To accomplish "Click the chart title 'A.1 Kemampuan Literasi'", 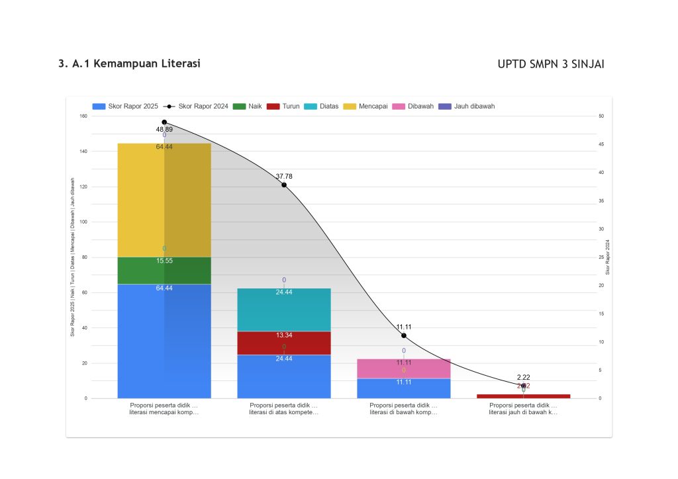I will coord(129,64).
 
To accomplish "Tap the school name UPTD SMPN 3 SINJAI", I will coord(551,64).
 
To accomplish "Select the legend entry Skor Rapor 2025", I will coord(125,106).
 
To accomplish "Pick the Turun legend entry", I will coord(283,106).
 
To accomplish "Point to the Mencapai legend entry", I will coord(366,106).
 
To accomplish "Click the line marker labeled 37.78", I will coord(284,185).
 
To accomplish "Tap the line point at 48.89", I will coord(164,122).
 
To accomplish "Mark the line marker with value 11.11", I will coord(404,335).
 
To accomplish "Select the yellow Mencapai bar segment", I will coord(164,198).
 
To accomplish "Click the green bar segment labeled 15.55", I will coord(164,270).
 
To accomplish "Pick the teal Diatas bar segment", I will coord(284,309).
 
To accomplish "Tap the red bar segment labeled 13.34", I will coord(284,343).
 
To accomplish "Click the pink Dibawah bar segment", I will coord(404,368).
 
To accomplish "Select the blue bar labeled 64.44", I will coord(164,341).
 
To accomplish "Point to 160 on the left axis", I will coord(83,116).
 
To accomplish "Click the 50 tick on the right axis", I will coord(601,116).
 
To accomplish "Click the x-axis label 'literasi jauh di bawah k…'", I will coord(523,412).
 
